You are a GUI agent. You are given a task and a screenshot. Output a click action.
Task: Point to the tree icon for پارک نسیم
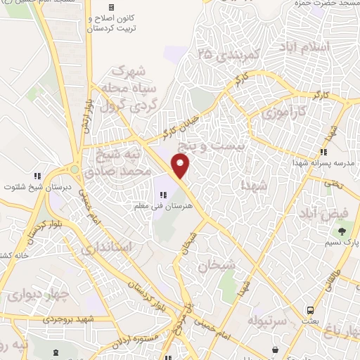[x=342, y=231]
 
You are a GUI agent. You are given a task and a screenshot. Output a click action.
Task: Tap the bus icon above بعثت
[x=310, y=310]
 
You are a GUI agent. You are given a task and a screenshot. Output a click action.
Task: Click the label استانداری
[x=106, y=247]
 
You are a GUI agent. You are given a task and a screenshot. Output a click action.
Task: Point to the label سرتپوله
[x=263, y=321]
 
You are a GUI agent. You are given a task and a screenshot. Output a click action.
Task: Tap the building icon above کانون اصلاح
[x=110, y=6]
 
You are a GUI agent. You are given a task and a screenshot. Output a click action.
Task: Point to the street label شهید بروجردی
[x=70, y=319]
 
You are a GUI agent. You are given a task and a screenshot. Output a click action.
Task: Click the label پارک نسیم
[x=342, y=243]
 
